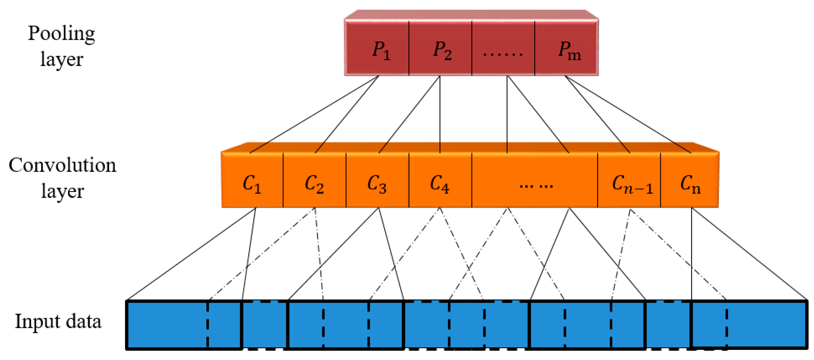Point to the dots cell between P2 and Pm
(x=503, y=48)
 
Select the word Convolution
(x=62, y=166)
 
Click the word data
(x=83, y=321)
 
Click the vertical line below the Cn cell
(x=691, y=253)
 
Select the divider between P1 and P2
(x=409, y=48)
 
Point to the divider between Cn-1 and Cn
(x=660, y=180)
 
